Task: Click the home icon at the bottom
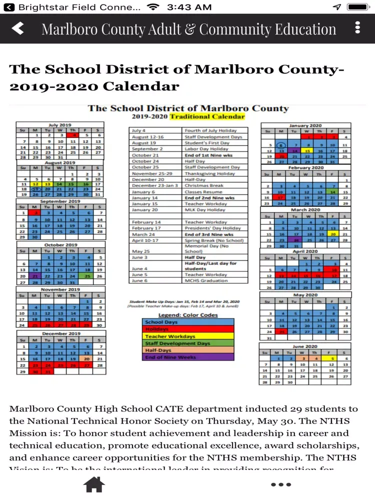point(94,484)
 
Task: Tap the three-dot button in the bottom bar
point(280,484)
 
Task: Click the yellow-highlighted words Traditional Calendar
point(207,116)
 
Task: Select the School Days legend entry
point(188,322)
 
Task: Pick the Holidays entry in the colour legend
point(188,329)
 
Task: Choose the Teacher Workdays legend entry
point(188,336)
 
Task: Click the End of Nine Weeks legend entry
point(188,357)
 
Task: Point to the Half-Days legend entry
point(188,350)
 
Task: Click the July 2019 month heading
point(60,125)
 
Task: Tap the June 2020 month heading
point(304,346)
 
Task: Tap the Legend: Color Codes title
point(188,315)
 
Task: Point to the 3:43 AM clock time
point(189,7)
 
